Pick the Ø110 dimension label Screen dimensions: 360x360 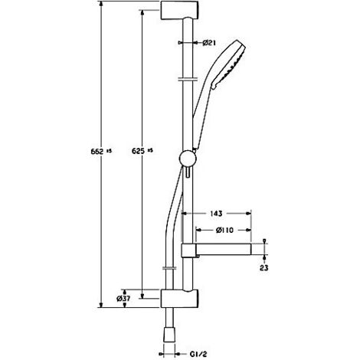223,230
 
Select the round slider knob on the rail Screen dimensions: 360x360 185,160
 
